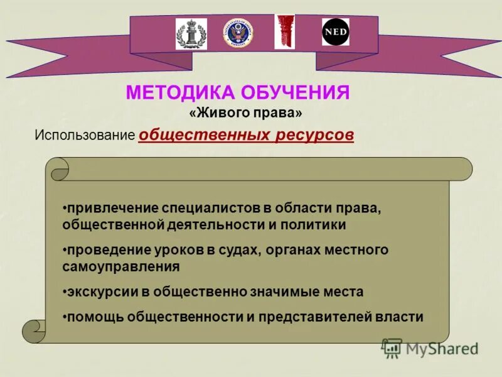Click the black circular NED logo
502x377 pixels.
click(336, 32)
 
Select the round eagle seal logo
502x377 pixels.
click(237, 33)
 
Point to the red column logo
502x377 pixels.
click(284, 31)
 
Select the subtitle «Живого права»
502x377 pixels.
click(245, 114)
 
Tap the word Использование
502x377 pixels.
click(85, 135)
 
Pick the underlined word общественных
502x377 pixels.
click(204, 135)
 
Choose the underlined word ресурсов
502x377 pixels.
click(314, 135)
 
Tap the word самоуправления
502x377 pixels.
click(121, 266)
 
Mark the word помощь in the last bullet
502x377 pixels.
click(94, 317)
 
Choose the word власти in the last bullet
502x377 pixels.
click(400, 317)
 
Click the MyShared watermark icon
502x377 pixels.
click(392, 347)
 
